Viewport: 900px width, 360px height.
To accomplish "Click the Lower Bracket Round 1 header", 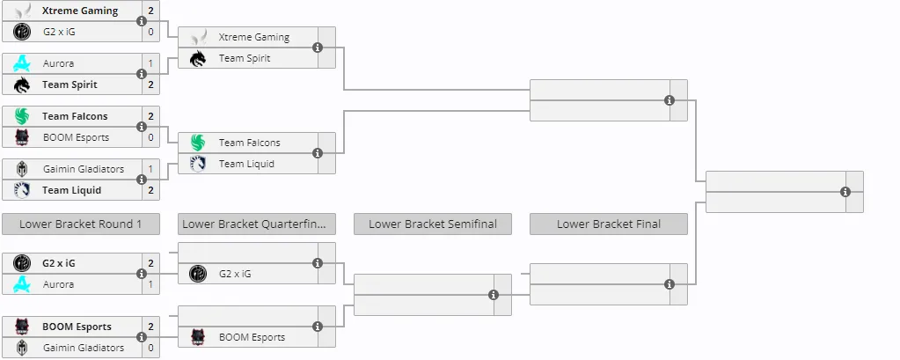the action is pyautogui.click(x=80, y=224).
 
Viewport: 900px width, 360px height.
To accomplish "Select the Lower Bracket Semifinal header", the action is pyautogui.click(x=432, y=224).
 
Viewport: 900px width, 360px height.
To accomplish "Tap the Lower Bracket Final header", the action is pyautogui.click(x=609, y=224).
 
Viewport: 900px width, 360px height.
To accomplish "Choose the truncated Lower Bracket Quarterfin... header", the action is pyautogui.click(x=257, y=224).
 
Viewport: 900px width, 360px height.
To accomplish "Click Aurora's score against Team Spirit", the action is pyautogui.click(x=151, y=63).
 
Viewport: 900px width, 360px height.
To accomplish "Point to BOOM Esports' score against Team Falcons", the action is pyautogui.click(x=151, y=137).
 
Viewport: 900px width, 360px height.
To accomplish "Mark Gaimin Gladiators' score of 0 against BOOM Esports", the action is pyautogui.click(x=151, y=348).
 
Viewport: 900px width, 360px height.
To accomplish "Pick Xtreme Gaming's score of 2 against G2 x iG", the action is pyautogui.click(x=151, y=11).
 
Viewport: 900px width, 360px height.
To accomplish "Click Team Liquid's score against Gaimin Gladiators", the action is pyautogui.click(x=151, y=190).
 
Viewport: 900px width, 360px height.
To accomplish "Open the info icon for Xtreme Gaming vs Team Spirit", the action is pyautogui.click(x=318, y=48).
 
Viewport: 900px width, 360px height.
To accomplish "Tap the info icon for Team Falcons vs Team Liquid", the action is pyautogui.click(x=318, y=153).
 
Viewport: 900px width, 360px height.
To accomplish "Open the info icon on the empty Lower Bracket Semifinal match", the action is pyautogui.click(x=493, y=295).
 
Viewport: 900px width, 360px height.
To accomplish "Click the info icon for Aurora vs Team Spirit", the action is pyautogui.click(x=141, y=74).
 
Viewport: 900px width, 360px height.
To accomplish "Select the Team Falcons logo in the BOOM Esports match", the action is pyautogui.click(x=22, y=116).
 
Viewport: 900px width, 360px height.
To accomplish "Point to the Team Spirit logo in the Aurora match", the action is pyautogui.click(x=22, y=84).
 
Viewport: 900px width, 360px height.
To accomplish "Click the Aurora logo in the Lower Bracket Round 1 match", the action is pyautogui.click(x=22, y=284).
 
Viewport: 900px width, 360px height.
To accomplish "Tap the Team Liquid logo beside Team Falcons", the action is pyautogui.click(x=197, y=164).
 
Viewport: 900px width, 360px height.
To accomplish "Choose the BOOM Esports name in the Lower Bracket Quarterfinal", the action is pyautogui.click(x=252, y=337).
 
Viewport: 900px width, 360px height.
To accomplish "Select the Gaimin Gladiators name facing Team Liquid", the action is pyautogui.click(x=84, y=169).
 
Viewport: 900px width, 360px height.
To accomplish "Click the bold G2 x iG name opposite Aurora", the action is pyautogui.click(x=59, y=263).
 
